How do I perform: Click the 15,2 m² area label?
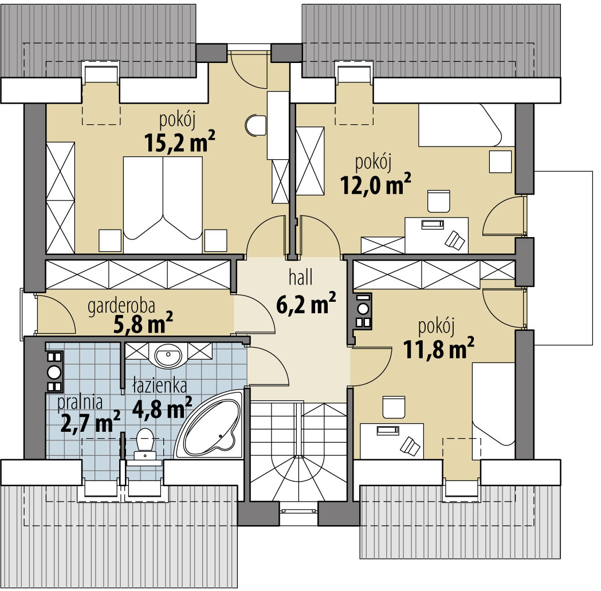[x=175, y=142]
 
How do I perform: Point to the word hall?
[x=300, y=279]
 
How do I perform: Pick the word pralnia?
[x=80, y=403]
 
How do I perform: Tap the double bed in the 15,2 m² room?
[x=163, y=198]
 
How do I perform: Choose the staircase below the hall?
[x=298, y=452]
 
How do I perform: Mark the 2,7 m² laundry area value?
[x=89, y=423]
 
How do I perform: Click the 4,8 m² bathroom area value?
[x=162, y=408]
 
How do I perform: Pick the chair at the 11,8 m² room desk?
[x=394, y=407]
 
